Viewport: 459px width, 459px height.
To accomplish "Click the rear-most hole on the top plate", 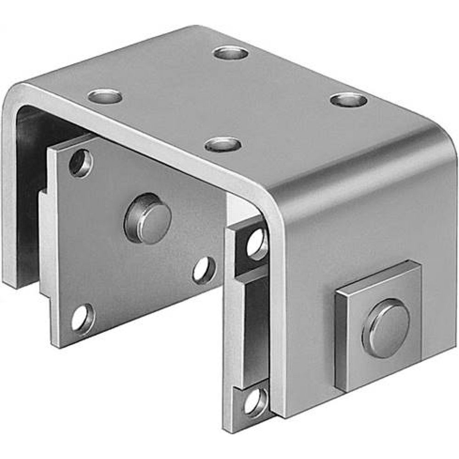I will point(231,53).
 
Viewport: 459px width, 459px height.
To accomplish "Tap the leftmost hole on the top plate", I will point(105,96).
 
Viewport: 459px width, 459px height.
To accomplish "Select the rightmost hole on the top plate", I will point(349,100).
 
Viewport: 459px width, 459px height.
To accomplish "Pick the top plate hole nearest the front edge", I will point(223,145).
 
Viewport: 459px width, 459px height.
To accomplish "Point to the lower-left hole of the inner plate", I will point(83,318).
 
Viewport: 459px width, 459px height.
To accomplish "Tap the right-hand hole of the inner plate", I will point(204,270).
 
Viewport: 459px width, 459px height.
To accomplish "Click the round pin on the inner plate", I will point(148,218).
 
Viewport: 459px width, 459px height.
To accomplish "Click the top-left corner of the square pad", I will point(338,291).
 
